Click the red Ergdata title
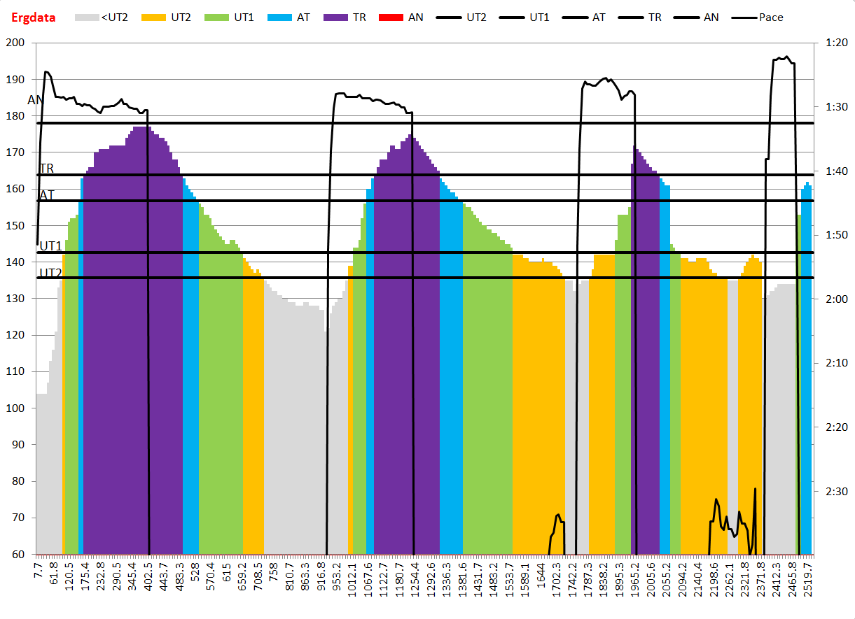click(34, 17)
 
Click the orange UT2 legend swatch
click(153, 17)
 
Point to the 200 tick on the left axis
click(16, 43)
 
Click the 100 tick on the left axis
click(16, 408)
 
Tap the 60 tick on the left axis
click(19, 555)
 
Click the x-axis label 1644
click(541, 583)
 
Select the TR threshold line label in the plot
click(46, 169)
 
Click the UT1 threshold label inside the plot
click(50, 246)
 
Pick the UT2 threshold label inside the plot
click(50, 273)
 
